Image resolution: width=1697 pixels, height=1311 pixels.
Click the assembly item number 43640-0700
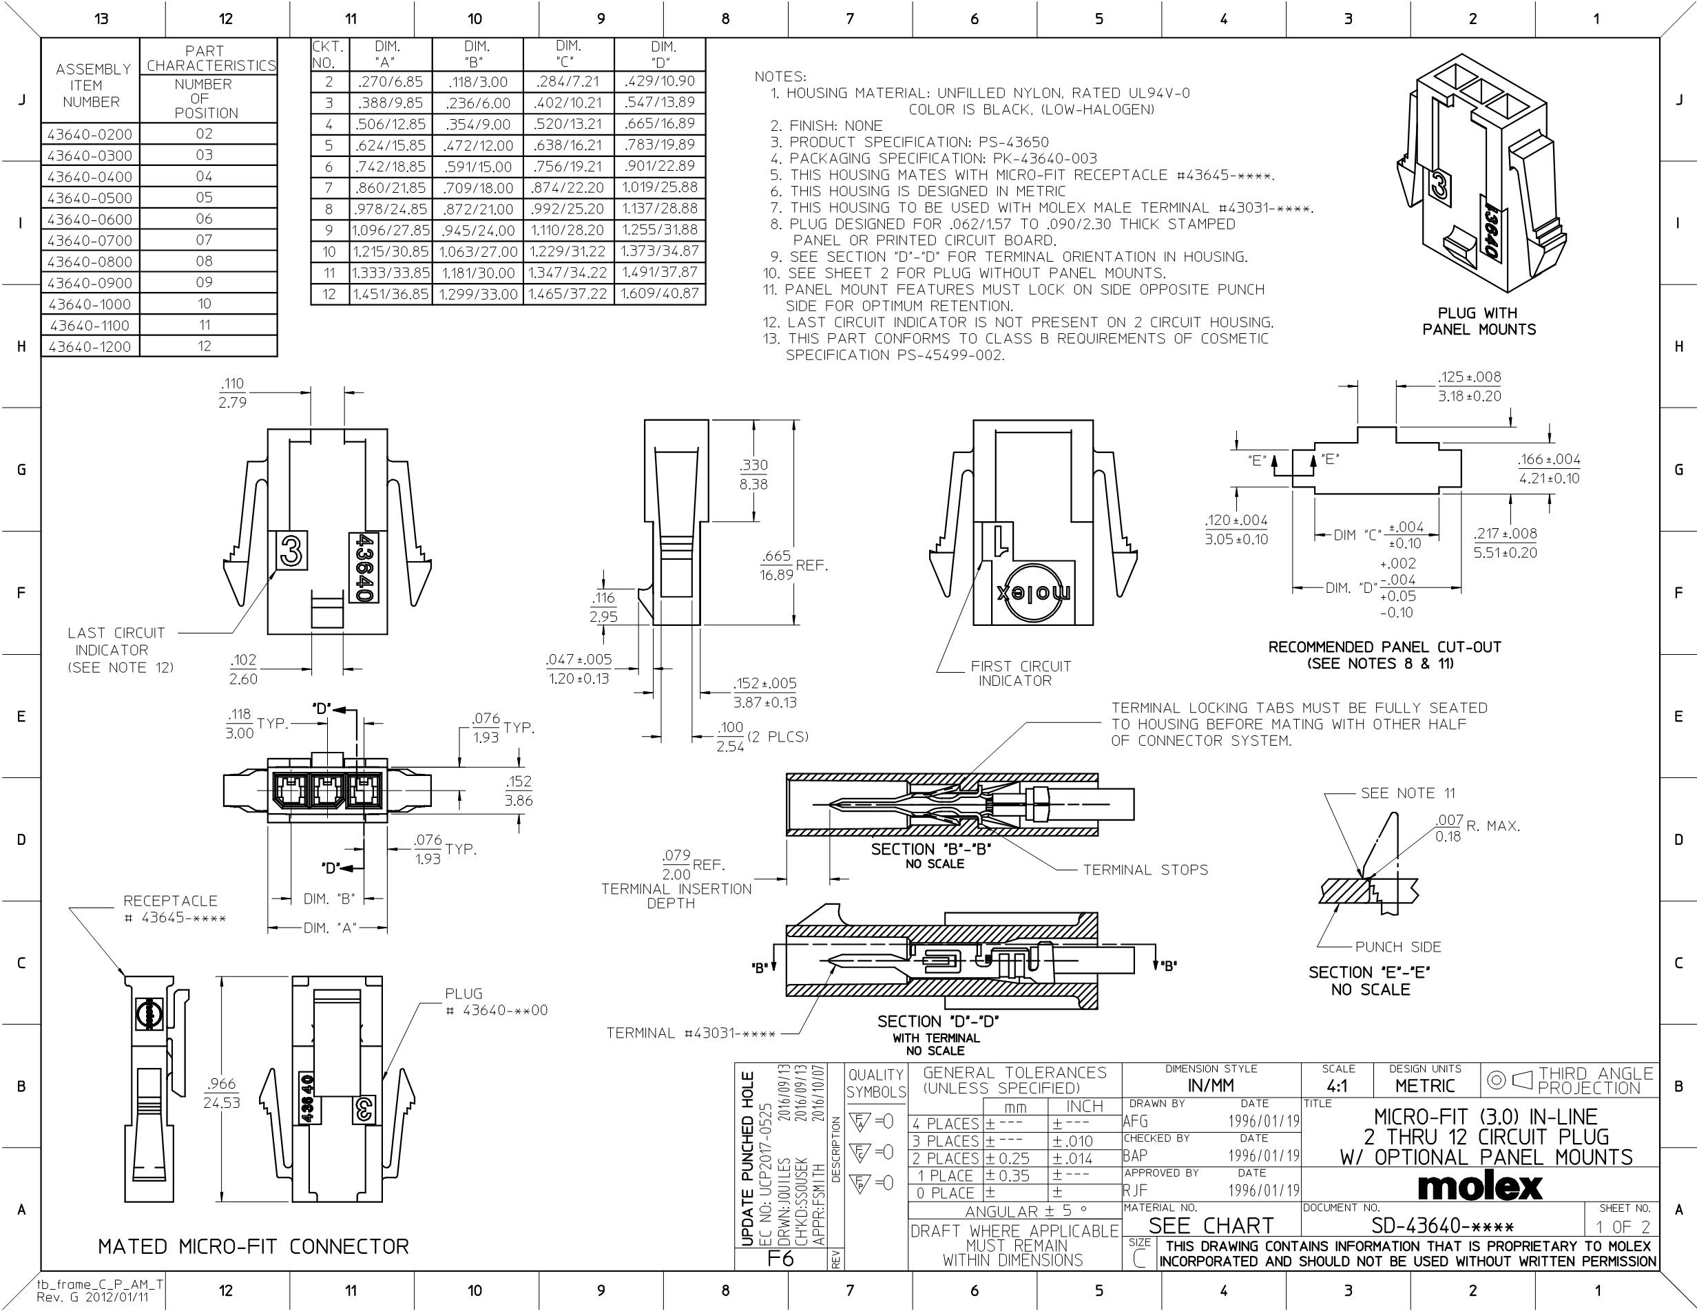[x=90, y=241]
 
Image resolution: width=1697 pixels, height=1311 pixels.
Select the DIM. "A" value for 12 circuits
[x=390, y=294]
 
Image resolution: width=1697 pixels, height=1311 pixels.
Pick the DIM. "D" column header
[x=663, y=54]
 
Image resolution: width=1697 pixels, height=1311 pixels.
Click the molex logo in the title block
[x=1480, y=1186]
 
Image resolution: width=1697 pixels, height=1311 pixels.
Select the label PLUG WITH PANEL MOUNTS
[x=1479, y=322]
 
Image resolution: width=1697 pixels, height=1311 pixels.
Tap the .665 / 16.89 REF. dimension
[x=784, y=565]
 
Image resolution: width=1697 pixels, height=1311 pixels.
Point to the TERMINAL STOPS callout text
[x=1145, y=870]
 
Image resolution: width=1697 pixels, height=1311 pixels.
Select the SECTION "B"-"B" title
[x=931, y=849]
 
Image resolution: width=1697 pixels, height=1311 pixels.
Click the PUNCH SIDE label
[x=1398, y=947]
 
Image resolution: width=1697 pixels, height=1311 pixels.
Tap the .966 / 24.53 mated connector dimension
[x=222, y=1093]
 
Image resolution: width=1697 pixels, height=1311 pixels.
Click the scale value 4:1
[x=1337, y=1087]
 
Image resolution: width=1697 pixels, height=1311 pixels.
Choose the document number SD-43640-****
[x=1442, y=1227]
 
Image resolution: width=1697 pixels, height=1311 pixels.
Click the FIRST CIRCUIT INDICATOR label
[x=1020, y=673]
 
